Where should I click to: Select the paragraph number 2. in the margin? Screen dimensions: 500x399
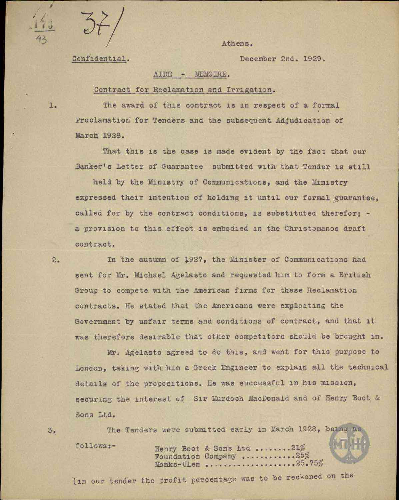[x=56, y=260]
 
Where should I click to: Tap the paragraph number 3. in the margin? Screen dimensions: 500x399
[x=51, y=430]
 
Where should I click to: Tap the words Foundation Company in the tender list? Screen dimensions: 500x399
[x=195, y=456]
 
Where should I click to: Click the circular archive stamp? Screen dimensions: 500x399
[x=349, y=442]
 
